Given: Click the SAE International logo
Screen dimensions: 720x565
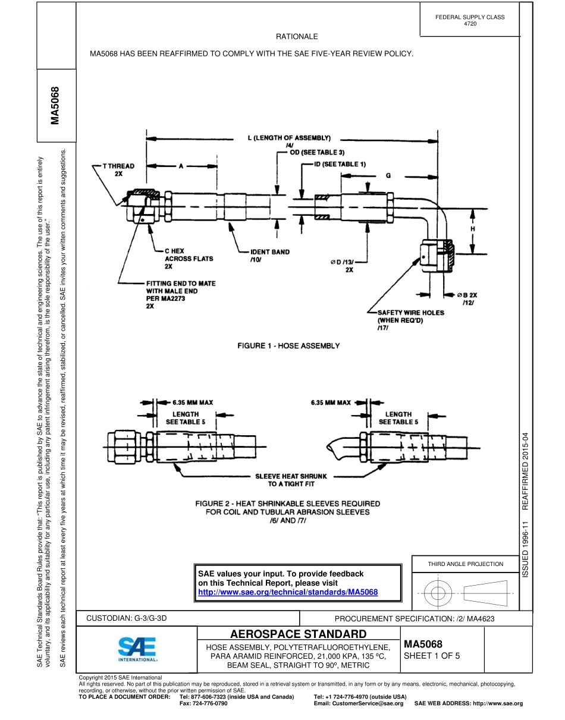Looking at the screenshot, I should [137, 650].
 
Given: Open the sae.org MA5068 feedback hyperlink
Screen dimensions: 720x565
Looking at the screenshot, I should [288, 592].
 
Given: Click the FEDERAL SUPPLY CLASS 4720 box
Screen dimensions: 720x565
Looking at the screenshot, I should [470, 20].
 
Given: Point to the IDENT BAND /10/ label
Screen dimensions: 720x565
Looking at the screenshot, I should [269, 256].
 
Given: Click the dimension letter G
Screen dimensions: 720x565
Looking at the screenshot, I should [388, 176].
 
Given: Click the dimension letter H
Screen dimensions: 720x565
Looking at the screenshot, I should [472, 228].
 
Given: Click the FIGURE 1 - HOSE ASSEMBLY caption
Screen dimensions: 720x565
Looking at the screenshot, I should [289, 345].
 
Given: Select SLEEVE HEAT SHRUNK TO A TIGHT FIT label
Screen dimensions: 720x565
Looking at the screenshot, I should [291, 480].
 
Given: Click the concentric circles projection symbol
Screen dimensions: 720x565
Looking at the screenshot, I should [438, 593].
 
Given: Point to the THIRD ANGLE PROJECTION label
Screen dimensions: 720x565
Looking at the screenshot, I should [465, 564].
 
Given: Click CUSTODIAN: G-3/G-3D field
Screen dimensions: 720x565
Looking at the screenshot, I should [127, 618].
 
